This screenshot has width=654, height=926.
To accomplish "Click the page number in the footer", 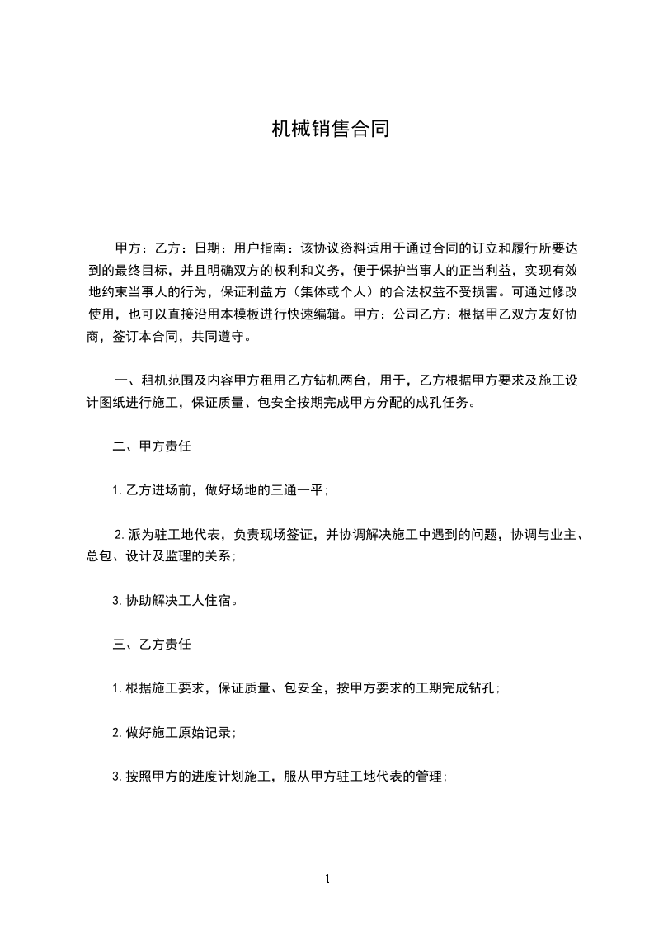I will (x=327, y=879).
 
